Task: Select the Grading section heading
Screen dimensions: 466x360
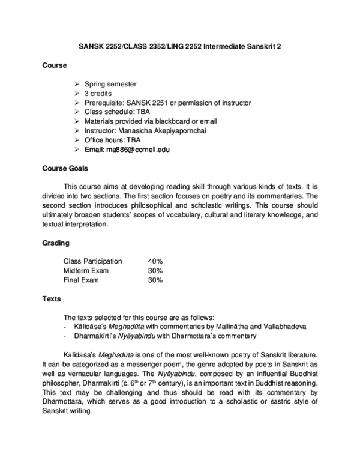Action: (56, 243)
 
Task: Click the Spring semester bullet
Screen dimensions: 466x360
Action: (110, 84)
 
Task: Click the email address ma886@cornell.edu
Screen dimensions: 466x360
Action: (138, 149)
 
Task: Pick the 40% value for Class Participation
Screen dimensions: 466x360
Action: (155, 261)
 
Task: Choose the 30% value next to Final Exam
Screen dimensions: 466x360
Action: (155, 280)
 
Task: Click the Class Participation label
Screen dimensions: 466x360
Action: (92, 261)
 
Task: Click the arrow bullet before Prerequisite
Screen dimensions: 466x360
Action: (76, 103)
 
